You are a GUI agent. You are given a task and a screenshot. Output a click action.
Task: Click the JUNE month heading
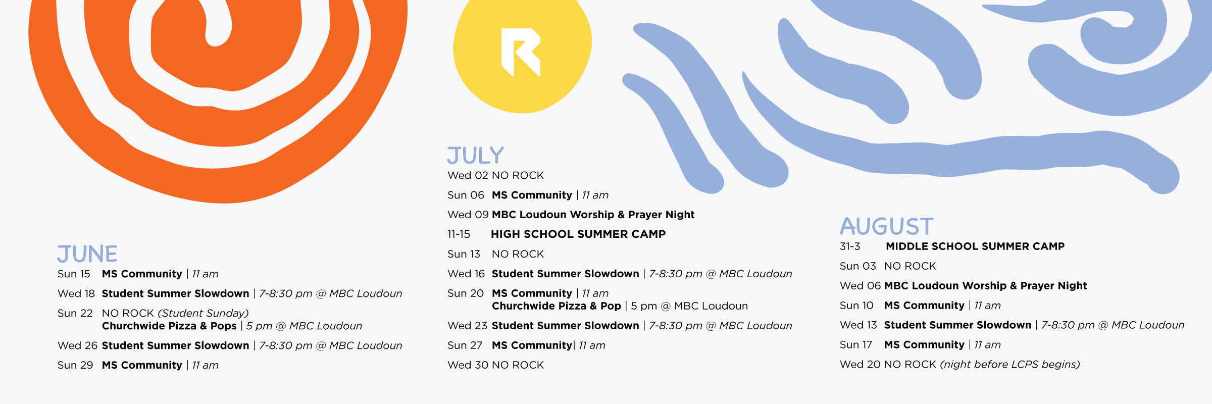point(87,254)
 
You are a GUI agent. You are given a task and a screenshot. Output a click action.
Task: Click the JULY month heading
point(476,156)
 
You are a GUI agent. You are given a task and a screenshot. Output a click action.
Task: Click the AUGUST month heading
point(887,226)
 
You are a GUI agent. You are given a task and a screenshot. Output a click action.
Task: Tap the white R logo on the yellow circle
point(521,52)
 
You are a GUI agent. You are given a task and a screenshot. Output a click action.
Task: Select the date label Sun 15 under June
point(74,274)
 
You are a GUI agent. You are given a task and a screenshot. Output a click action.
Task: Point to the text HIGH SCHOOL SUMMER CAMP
point(578,234)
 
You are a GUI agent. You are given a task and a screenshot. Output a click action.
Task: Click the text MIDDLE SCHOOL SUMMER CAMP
point(975,246)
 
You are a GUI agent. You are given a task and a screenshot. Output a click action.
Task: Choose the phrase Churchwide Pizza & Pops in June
point(169,326)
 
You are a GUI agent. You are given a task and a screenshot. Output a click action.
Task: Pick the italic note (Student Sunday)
point(204,314)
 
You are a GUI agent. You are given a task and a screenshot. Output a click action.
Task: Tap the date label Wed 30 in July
point(468,365)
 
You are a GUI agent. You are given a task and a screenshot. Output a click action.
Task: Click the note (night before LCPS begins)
point(1010,365)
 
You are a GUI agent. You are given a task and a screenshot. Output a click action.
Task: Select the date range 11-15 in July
point(459,234)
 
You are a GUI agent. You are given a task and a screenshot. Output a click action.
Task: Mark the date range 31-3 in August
point(850,246)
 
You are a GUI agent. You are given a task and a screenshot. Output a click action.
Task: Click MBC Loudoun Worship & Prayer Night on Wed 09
point(593,215)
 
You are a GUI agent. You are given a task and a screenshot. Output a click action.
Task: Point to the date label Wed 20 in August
point(860,365)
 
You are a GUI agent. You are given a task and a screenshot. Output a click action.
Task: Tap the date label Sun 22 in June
point(75,313)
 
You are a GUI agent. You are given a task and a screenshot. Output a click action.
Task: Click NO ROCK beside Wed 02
point(518,175)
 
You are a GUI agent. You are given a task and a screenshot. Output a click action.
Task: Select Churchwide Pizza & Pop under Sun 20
point(557,306)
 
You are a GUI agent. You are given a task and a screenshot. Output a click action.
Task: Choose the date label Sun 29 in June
point(75,365)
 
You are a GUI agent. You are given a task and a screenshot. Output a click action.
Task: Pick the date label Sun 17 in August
point(856,345)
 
